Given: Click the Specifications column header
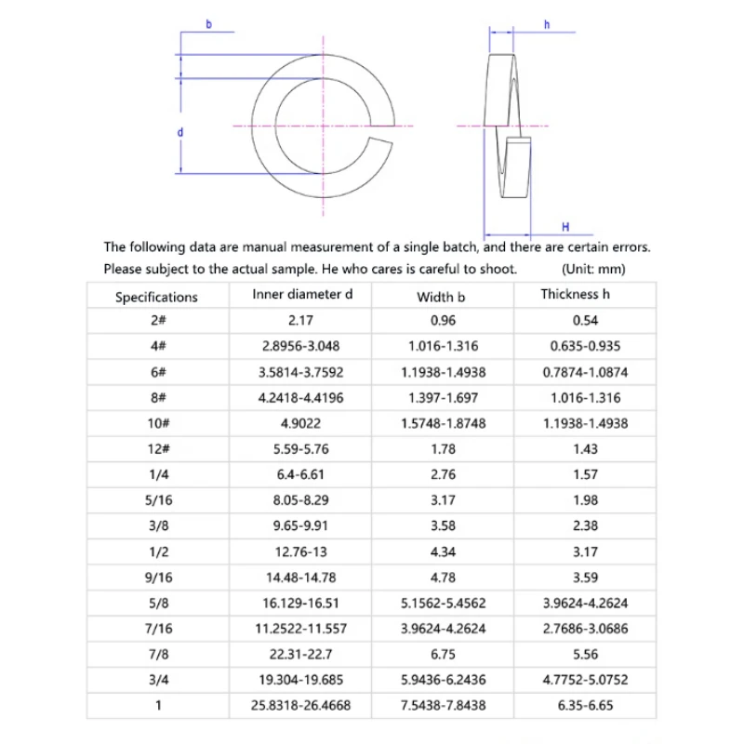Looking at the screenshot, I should [156, 298].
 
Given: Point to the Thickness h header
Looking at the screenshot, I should [582, 295].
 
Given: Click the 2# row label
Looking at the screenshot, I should [156, 320].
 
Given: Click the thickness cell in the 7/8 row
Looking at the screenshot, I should [584, 654].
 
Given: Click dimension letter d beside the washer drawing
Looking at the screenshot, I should [179, 133].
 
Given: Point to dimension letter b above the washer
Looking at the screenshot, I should [208, 23].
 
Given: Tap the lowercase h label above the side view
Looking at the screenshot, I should [547, 24].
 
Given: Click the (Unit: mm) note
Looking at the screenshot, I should [594, 270].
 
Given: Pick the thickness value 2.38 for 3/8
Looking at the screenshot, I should [584, 525].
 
